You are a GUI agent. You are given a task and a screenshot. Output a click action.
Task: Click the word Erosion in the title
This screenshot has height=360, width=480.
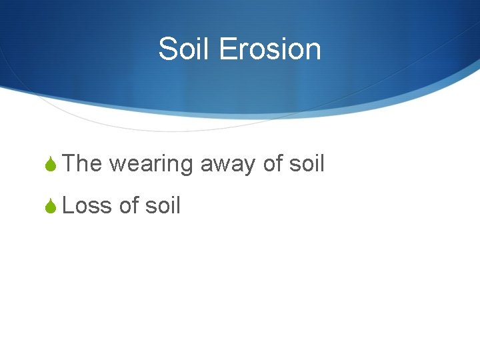[269, 49]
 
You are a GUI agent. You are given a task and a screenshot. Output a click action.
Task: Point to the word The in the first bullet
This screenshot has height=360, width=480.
[82, 163]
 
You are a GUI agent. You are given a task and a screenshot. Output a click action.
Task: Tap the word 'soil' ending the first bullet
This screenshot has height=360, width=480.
[308, 163]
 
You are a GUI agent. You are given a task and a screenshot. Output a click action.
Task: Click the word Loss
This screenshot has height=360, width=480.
[87, 206]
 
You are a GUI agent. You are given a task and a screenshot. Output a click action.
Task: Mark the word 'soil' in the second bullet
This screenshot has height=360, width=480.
[163, 206]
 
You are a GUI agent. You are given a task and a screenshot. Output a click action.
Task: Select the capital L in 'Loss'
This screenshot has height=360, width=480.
[67, 206]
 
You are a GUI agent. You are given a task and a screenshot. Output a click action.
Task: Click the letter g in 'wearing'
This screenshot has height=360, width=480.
[186, 167]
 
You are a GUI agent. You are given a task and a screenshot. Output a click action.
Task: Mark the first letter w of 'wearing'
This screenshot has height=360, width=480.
[117, 165]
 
